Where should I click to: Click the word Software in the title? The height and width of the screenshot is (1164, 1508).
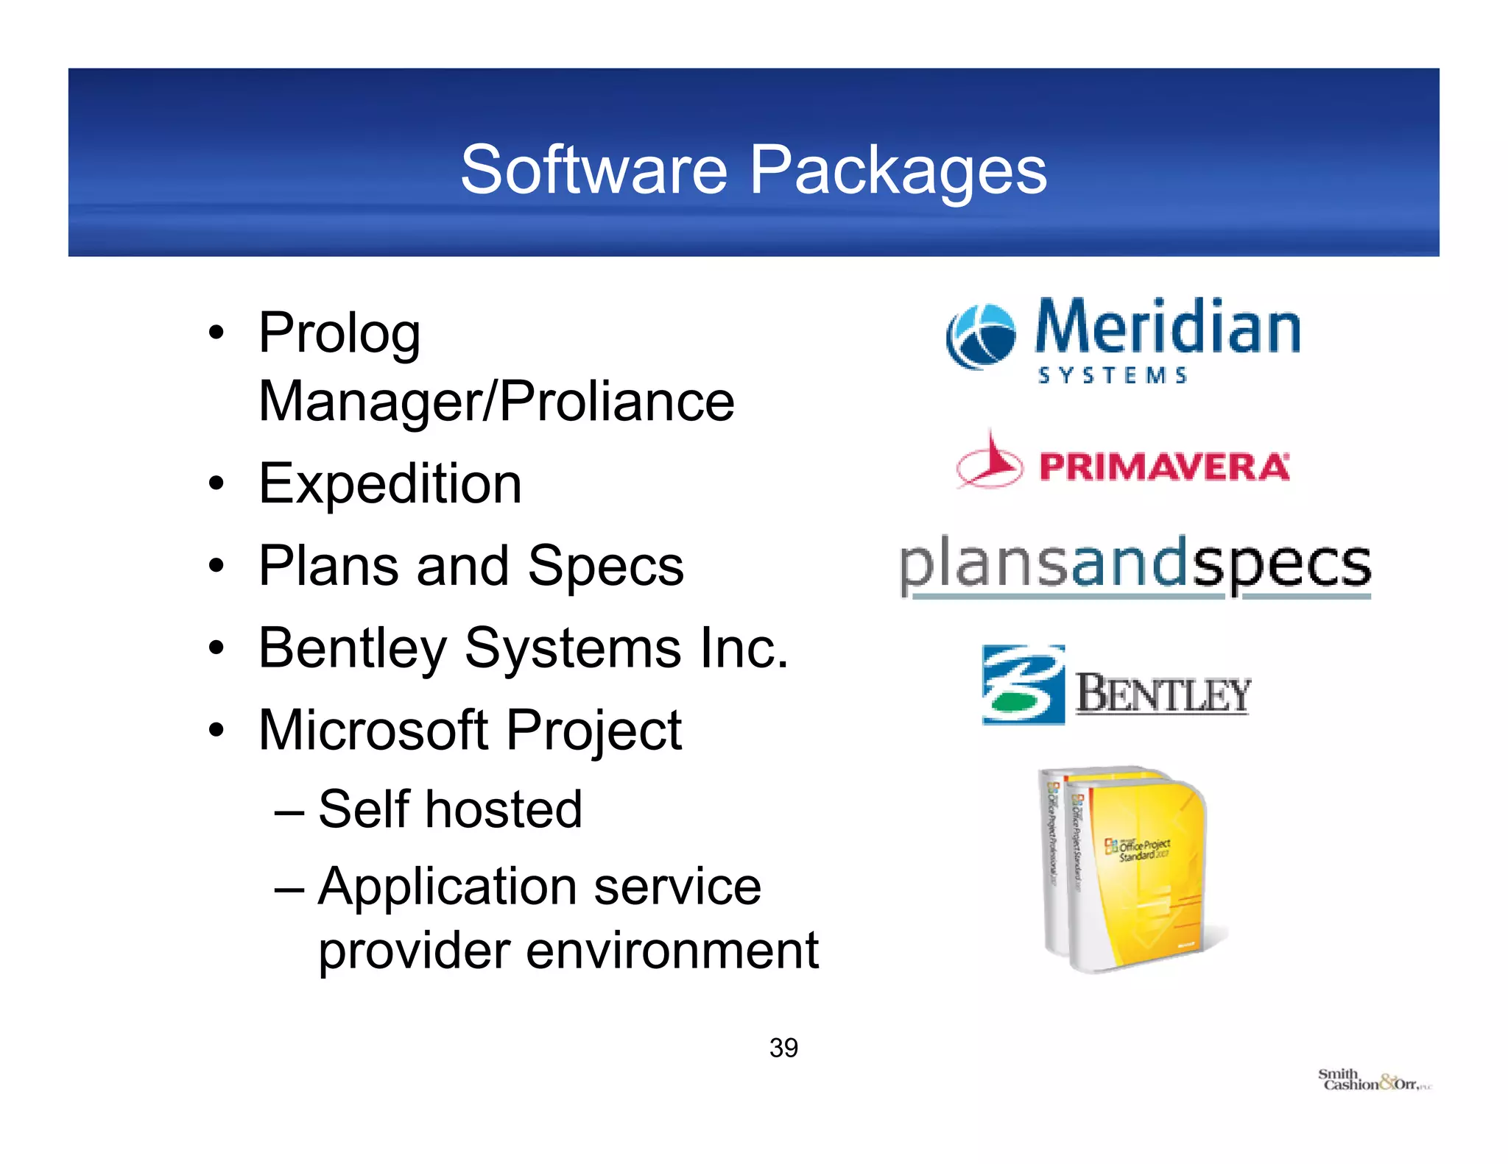click(593, 171)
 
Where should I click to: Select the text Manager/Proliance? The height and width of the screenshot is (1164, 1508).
click(496, 402)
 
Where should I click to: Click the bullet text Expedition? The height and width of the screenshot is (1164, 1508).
click(390, 484)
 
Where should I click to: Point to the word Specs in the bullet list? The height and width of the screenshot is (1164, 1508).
click(605, 567)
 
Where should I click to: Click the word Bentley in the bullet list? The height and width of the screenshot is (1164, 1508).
click(353, 649)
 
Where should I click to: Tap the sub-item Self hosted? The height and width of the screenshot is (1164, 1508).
click(450, 809)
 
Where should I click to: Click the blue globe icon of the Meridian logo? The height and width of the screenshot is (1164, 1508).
click(980, 336)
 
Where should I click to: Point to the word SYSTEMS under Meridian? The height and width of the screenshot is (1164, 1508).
click(1112, 376)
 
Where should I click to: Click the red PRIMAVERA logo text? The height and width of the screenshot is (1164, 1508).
click(1164, 467)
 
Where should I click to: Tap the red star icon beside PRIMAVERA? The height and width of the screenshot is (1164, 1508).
click(989, 462)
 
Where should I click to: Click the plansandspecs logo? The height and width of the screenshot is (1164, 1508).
click(1135, 565)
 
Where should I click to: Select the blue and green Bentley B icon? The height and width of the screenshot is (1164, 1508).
click(1023, 685)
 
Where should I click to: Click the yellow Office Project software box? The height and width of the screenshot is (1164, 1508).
click(1134, 868)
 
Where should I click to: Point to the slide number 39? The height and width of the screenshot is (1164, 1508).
click(783, 1048)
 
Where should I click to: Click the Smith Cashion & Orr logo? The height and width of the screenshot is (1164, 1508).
click(1373, 1080)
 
